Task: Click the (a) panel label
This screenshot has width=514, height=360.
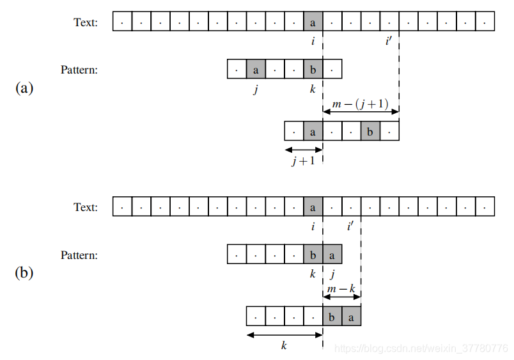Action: [24, 88]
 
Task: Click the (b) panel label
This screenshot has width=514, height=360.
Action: [24, 273]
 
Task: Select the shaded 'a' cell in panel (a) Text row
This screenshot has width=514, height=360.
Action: [313, 22]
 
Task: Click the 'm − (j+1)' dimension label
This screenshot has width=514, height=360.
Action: [361, 104]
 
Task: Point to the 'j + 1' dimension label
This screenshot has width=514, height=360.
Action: [303, 161]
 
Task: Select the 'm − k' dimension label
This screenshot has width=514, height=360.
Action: [341, 289]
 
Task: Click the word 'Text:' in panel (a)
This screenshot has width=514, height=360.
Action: [86, 22]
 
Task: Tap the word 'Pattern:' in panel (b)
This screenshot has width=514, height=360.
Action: [79, 255]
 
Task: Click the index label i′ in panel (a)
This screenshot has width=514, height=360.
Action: [389, 42]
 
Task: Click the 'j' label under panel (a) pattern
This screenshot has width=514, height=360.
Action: [256, 89]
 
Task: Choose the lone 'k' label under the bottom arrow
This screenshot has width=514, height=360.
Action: [284, 345]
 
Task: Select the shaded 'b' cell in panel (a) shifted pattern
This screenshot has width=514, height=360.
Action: [370, 131]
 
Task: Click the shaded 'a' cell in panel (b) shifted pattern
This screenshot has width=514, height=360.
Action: [351, 317]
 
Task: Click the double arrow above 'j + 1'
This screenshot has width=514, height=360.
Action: [303, 150]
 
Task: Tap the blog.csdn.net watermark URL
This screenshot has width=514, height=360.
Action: [422, 348]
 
